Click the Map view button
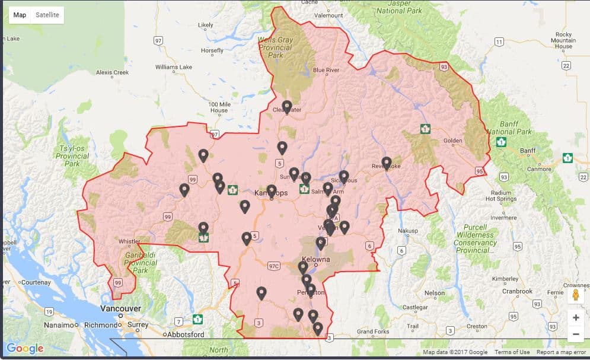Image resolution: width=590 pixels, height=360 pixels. [x=20, y=15]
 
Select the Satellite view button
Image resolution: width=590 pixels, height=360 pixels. [x=47, y=15]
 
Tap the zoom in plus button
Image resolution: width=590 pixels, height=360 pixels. [x=575, y=317]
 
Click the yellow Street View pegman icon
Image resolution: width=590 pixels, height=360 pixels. [x=575, y=295]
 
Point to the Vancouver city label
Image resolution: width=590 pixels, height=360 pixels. [x=120, y=308]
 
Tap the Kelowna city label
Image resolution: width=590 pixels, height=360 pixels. [x=315, y=260]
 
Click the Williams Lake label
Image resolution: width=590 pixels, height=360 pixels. [x=174, y=67]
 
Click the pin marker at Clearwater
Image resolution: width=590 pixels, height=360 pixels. [x=287, y=107]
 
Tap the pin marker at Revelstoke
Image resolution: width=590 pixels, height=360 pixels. [x=387, y=163]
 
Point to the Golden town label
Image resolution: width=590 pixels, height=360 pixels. [x=453, y=141]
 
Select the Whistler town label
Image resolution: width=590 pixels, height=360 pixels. [x=130, y=241]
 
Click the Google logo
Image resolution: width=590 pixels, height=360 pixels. [x=25, y=348]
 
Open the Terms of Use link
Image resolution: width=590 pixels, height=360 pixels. [x=512, y=352]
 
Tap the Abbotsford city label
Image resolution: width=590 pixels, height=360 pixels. [x=185, y=334]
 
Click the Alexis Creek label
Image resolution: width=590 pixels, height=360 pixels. [x=112, y=72]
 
